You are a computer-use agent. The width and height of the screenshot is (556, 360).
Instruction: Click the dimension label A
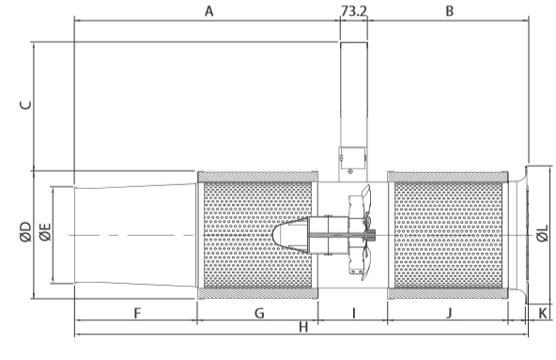(209, 11)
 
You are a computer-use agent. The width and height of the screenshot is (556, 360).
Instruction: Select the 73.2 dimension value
(354, 11)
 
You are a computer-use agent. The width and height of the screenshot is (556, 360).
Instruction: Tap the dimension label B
(449, 11)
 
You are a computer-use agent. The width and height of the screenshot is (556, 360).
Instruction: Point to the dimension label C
(26, 105)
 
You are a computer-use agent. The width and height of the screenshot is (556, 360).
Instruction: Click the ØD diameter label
(26, 232)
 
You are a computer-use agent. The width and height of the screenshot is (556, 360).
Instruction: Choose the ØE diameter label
(45, 232)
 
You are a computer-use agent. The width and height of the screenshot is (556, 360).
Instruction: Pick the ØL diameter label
(543, 233)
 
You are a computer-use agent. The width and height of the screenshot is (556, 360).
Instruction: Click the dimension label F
(137, 314)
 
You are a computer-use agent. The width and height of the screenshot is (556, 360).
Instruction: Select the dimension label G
(259, 314)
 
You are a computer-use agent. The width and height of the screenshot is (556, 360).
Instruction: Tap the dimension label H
(303, 327)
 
